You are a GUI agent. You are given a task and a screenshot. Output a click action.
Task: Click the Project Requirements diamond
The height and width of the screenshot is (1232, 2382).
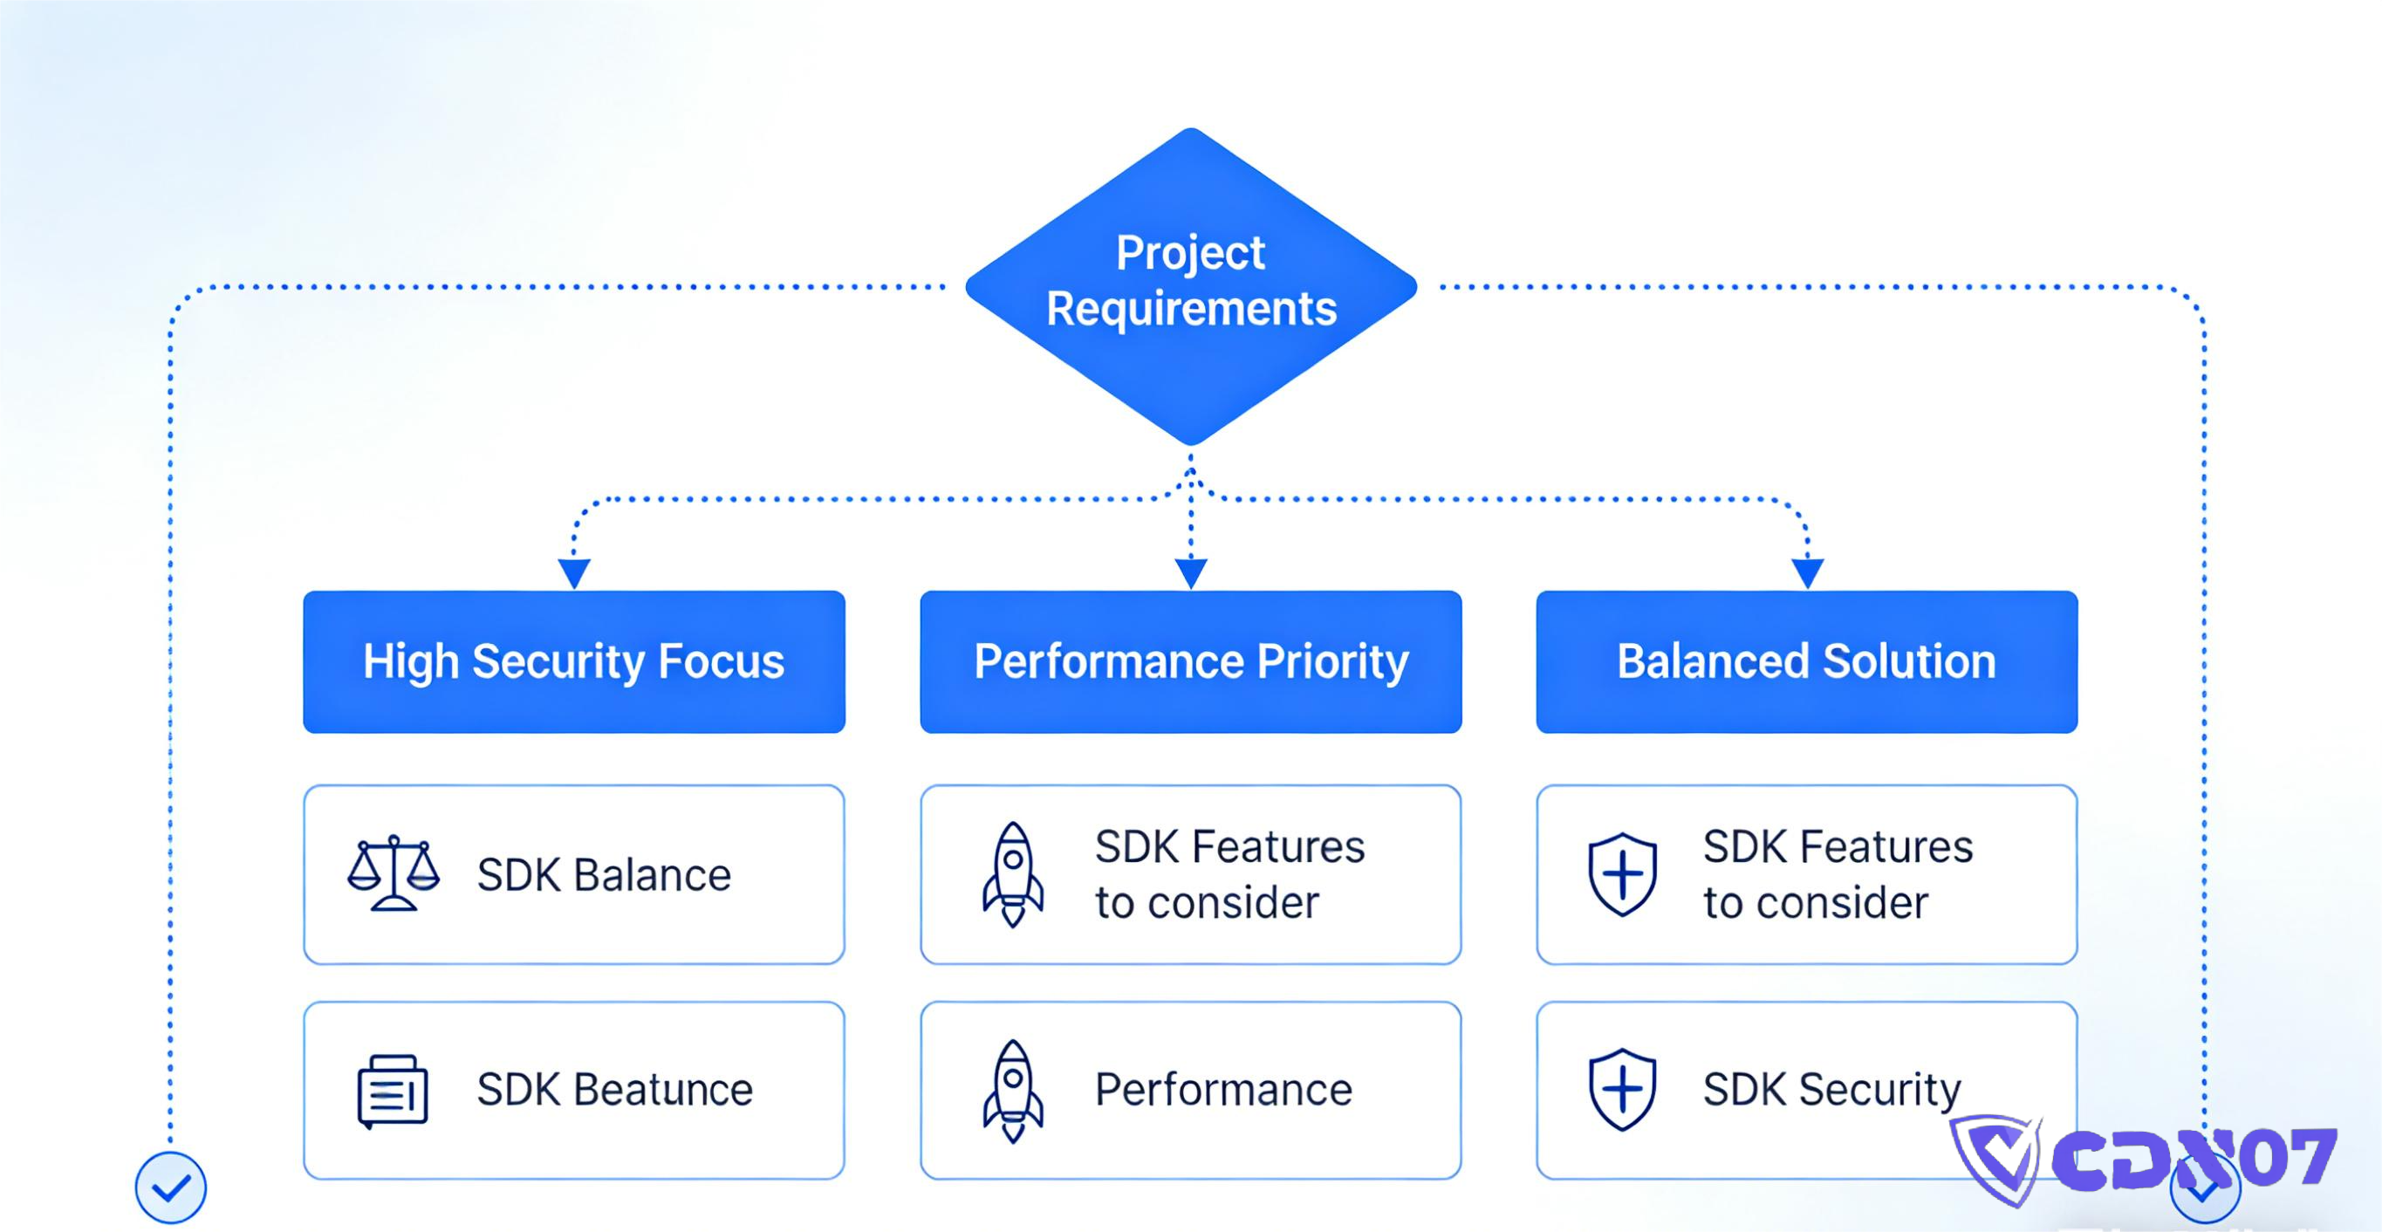click(x=1191, y=287)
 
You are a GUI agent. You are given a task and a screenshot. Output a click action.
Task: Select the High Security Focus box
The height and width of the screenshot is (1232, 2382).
click(x=573, y=662)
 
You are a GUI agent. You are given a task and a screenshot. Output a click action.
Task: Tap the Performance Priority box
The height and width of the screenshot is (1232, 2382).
click(x=1191, y=662)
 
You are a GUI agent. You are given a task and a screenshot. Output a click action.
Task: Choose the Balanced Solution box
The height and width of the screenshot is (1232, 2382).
click(x=1807, y=662)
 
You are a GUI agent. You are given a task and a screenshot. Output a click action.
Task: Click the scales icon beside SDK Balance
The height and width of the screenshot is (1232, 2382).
click(x=393, y=874)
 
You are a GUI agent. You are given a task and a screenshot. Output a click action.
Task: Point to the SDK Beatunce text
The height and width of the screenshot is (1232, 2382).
click(x=615, y=1090)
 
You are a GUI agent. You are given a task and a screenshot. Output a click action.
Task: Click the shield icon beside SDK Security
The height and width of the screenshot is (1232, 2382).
click(x=1622, y=1090)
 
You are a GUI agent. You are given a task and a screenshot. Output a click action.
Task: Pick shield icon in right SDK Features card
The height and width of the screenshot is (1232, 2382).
click(x=1622, y=874)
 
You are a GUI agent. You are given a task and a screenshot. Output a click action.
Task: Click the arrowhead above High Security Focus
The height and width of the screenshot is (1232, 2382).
click(x=574, y=572)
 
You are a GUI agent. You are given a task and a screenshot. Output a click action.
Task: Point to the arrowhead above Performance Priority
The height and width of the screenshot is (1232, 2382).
click(x=1191, y=572)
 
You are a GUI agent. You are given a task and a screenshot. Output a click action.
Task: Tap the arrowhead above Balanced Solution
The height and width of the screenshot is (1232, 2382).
click(x=1808, y=572)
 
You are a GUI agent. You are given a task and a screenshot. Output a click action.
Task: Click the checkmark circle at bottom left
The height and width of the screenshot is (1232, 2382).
click(x=171, y=1188)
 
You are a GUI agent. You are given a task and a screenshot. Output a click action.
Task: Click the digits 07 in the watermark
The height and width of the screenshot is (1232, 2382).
click(x=2291, y=1158)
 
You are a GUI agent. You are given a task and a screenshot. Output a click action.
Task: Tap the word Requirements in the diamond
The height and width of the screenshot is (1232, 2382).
click(x=1191, y=309)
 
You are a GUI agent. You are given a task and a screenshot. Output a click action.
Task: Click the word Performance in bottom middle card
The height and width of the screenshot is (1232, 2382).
click(x=1223, y=1090)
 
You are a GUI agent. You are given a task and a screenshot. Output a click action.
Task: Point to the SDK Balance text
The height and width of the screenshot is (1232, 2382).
click(x=604, y=875)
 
